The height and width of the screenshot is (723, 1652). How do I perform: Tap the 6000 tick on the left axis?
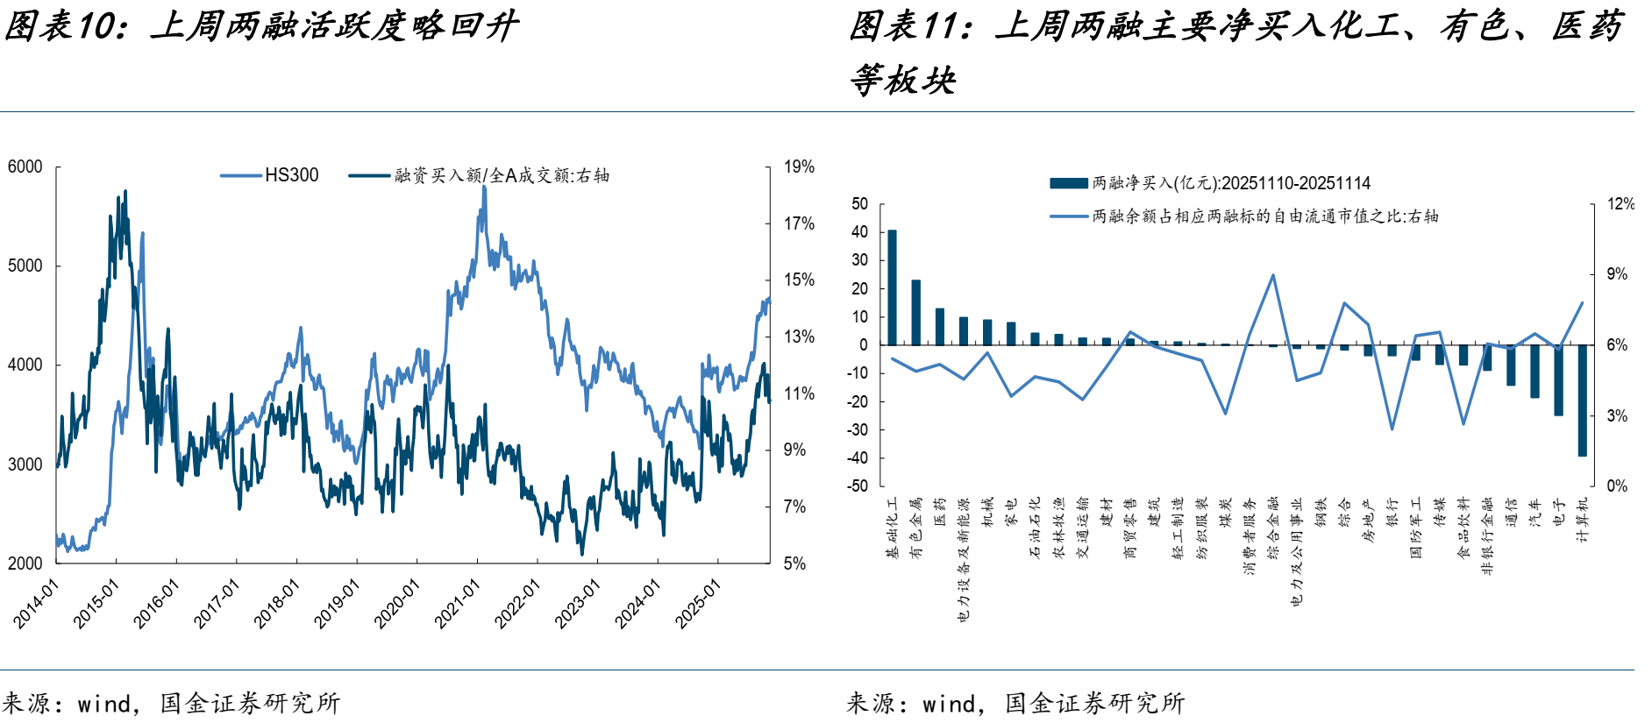click(x=25, y=167)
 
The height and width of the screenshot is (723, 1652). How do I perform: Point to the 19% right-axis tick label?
click(x=799, y=167)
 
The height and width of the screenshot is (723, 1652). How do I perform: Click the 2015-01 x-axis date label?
click(x=96, y=605)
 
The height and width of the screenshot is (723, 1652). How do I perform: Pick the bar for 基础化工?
click(x=893, y=287)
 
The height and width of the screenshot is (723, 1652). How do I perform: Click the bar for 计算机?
click(x=1583, y=400)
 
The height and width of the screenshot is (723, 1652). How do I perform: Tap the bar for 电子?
click(x=1559, y=379)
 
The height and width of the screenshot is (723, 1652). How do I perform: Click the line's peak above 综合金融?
click(x=1273, y=275)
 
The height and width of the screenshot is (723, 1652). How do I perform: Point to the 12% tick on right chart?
click(x=1620, y=204)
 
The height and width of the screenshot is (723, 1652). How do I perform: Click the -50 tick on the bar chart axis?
click(x=857, y=486)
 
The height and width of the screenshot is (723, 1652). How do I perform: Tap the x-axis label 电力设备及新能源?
click(x=964, y=559)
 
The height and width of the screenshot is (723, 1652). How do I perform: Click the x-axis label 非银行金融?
click(x=1487, y=535)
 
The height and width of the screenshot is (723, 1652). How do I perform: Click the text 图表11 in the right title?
click(x=908, y=26)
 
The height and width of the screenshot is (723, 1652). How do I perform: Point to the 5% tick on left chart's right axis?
click(x=794, y=564)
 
